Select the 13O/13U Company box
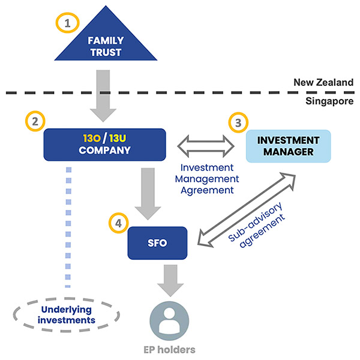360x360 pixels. click(x=104, y=144)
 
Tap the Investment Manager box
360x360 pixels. click(x=289, y=146)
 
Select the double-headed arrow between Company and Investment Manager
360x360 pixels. click(x=206, y=145)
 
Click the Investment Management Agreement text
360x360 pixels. click(x=206, y=179)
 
